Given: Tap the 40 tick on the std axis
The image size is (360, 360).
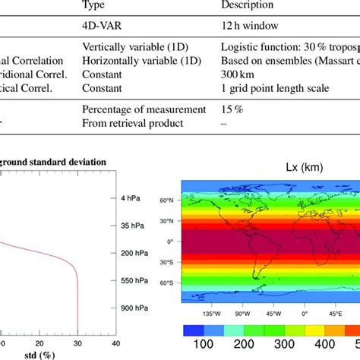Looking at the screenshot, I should [x=115, y=344].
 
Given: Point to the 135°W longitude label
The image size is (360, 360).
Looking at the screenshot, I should [x=210, y=311].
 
